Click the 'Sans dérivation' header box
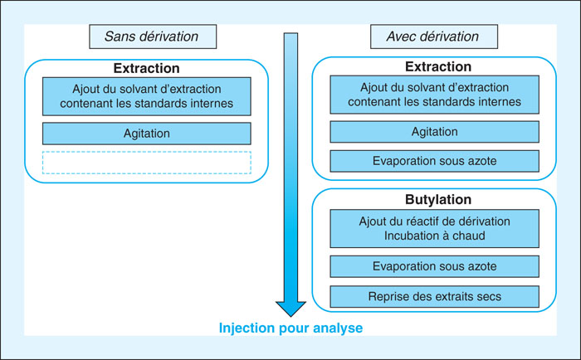click(x=153, y=36)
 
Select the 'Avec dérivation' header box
click(x=434, y=36)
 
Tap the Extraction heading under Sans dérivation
click(x=146, y=68)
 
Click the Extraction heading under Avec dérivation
click(x=438, y=66)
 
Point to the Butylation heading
click(x=438, y=200)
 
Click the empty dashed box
click(x=147, y=163)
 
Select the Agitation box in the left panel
click(x=147, y=134)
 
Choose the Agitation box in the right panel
click(x=435, y=132)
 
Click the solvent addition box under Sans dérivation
click(x=147, y=96)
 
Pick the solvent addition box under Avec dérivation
click(x=435, y=95)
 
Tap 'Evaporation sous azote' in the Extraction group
click(x=435, y=161)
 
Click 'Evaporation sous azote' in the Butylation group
click(x=435, y=266)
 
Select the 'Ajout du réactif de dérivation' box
click(x=435, y=228)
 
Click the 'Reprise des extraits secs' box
click(x=435, y=297)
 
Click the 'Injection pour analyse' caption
click(x=290, y=328)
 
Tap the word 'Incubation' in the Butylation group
click(x=411, y=236)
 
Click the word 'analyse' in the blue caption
click(x=338, y=328)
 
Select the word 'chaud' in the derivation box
click(x=468, y=236)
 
